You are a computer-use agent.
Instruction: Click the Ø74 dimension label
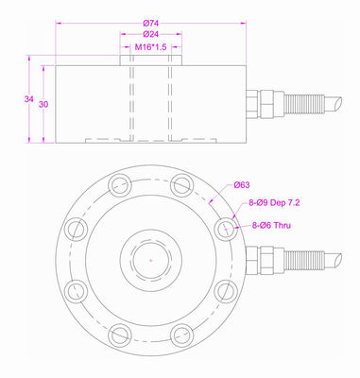[150, 23]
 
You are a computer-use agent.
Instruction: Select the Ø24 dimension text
[150, 34]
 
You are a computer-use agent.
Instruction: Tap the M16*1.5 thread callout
[150, 47]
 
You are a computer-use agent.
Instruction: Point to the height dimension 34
[29, 99]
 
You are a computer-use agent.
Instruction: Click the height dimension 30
[43, 104]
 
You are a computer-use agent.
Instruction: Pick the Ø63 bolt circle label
[242, 185]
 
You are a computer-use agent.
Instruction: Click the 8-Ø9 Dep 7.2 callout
[274, 203]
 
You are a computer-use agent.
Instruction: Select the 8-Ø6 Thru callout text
[271, 225]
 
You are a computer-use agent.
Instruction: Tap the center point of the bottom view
[151, 260]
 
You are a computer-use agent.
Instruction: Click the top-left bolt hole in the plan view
[120, 185]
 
